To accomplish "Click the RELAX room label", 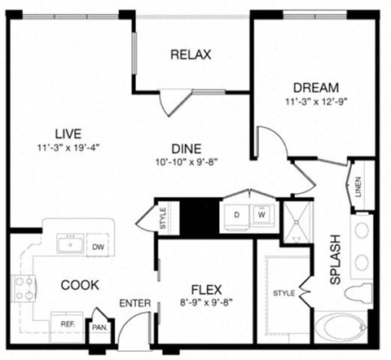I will (191, 55).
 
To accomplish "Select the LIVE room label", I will (70, 134).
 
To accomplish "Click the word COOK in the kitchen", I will (80, 285).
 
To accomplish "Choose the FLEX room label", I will (206, 289).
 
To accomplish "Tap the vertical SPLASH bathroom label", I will (335, 260).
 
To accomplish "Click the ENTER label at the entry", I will (135, 304).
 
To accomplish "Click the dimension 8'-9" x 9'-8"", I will (206, 303).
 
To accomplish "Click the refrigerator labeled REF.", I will (68, 323).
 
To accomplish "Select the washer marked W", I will (262, 216).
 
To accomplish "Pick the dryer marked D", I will (237, 216).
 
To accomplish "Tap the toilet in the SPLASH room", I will (358, 292).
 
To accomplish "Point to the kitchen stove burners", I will (23, 287).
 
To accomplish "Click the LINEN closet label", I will (358, 185).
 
